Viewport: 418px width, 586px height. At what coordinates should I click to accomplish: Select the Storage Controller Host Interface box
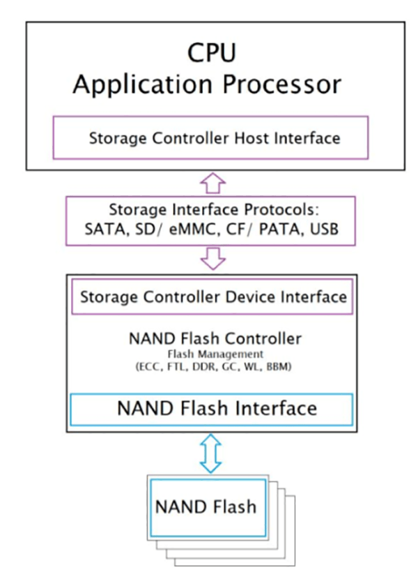215,137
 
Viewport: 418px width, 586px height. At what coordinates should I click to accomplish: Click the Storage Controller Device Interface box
213,296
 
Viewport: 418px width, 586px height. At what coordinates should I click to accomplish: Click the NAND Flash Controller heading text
215,339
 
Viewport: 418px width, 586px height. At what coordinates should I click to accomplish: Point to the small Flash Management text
215,354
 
